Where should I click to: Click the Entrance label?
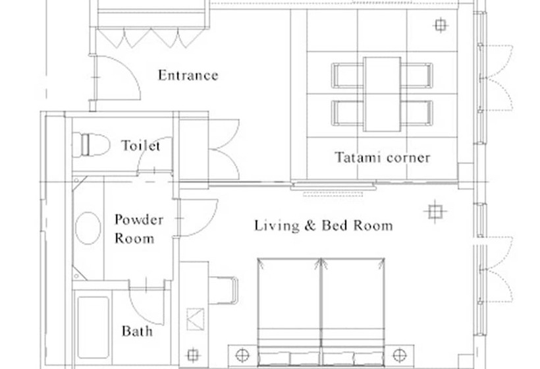(x=188, y=76)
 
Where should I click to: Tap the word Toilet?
(x=140, y=146)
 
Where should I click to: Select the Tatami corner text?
(x=382, y=157)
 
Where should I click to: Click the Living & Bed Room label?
(x=323, y=225)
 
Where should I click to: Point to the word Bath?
(x=137, y=331)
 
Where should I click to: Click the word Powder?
(x=139, y=219)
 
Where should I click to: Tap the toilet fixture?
(x=91, y=145)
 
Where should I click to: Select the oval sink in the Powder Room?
(x=88, y=228)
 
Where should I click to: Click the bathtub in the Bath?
(x=93, y=327)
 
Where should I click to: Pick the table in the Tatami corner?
(x=382, y=94)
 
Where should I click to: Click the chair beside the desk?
(x=224, y=291)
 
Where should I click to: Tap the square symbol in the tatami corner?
(x=440, y=25)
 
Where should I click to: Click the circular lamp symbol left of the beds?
(x=242, y=355)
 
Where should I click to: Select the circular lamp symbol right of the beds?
(x=399, y=355)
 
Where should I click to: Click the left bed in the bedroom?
(x=289, y=312)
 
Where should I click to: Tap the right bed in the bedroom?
(x=353, y=312)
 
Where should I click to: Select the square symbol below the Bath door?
(x=192, y=355)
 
